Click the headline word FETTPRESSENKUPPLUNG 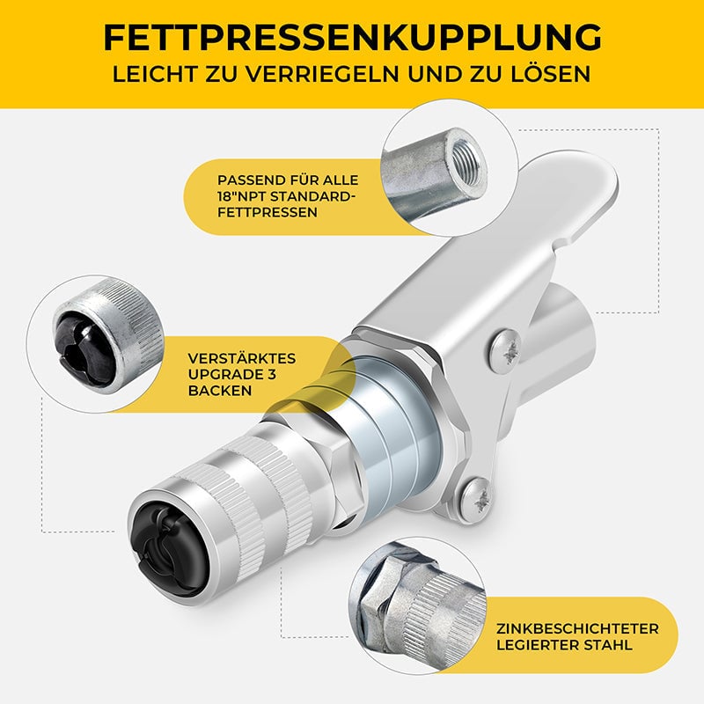[x=352, y=38]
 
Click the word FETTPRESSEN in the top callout [x=268, y=212]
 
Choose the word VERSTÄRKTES [x=242, y=358]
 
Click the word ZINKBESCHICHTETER [x=577, y=628]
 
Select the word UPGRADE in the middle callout [x=226, y=375]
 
